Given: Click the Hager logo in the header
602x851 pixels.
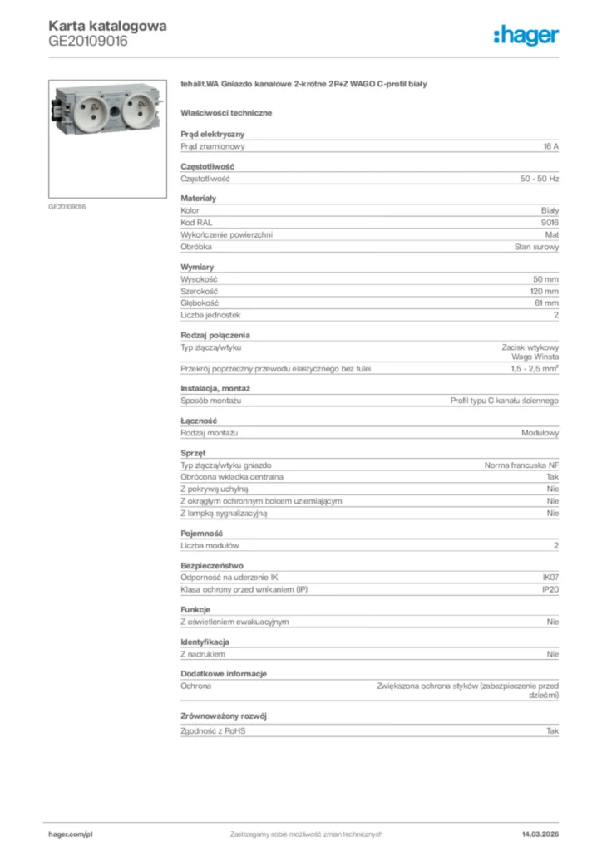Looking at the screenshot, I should click(526, 35).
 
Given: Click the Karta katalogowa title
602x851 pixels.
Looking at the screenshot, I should click(107, 26).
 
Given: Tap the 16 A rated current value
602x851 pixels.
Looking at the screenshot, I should click(550, 146).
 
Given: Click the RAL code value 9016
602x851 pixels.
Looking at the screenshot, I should click(550, 223).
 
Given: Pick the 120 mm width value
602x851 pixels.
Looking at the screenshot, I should click(545, 292).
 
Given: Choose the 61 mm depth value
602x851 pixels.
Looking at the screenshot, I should click(546, 303).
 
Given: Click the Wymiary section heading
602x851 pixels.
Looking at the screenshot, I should click(197, 267).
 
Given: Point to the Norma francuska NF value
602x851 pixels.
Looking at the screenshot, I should click(521, 465).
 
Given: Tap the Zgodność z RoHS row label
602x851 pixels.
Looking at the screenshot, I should click(214, 731).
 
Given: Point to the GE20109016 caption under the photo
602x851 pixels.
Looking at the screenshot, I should click(67, 206).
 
